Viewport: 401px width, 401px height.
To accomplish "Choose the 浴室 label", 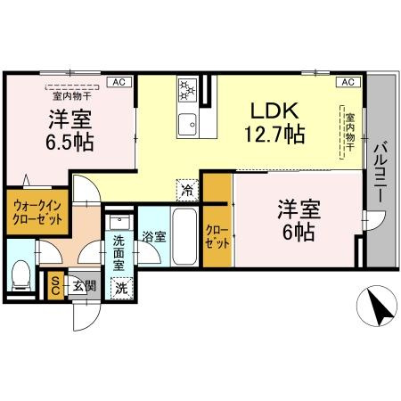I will tap(152, 237).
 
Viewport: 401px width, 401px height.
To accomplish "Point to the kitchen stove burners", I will tap(188, 89).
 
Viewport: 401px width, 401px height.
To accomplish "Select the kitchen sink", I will tap(188, 122).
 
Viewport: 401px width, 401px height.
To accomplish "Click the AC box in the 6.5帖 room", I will tap(117, 82).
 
